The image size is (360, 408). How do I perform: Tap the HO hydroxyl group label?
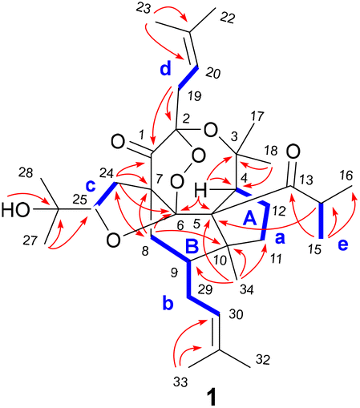[x=15, y=210]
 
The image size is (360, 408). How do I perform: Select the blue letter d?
[x=166, y=69]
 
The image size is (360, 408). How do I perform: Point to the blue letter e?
[x=343, y=244]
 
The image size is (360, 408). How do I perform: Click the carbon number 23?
[x=144, y=9]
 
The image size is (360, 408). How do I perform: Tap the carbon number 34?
[x=246, y=289]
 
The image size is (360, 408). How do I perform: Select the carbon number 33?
[x=180, y=382]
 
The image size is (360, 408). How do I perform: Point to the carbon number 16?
[x=346, y=176]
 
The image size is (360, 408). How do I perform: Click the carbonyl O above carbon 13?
[x=293, y=151]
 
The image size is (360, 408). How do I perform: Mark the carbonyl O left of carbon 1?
[x=118, y=142]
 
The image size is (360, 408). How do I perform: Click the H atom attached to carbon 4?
[x=202, y=191]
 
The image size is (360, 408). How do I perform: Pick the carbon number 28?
[x=26, y=173]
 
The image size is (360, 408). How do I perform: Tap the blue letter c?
[x=91, y=185]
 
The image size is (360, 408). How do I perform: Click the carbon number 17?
[x=257, y=117]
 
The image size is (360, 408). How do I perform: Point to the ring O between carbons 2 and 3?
[x=210, y=130]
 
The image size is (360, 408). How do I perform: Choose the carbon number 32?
[x=263, y=360]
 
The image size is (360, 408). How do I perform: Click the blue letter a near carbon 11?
[x=280, y=239]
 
